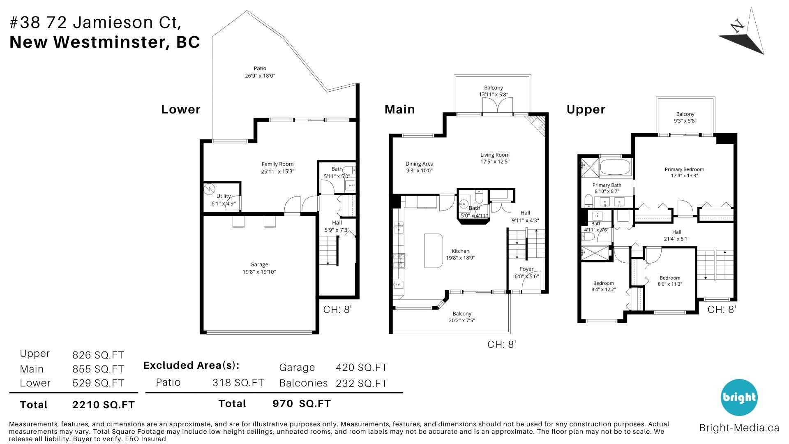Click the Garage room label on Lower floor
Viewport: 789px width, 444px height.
(x=259, y=265)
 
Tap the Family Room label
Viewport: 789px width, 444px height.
(x=278, y=164)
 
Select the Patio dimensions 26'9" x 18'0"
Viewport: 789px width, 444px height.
(x=260, y=76)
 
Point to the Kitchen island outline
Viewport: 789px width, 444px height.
(x=434, y=251)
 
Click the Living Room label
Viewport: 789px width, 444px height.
(x=495, y=155)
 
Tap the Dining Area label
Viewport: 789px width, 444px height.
(x=419, y=164)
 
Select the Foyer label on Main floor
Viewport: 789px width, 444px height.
(x=526, y=269)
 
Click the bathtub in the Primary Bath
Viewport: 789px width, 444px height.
(x=615, y=168)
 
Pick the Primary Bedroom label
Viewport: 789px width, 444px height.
(x=684, y=169)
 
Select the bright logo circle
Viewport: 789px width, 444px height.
(x=739, y=397)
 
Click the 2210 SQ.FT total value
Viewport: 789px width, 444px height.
(x=103, y=405)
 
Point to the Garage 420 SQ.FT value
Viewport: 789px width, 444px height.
(x=362, y=367)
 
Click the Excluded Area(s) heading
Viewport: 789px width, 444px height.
(x=191, y=365)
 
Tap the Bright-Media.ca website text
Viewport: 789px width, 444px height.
(x=739, y=428)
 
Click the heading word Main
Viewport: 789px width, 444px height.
(x=399, y=109)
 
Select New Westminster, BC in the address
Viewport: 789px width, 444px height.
(x=105, y=42)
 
